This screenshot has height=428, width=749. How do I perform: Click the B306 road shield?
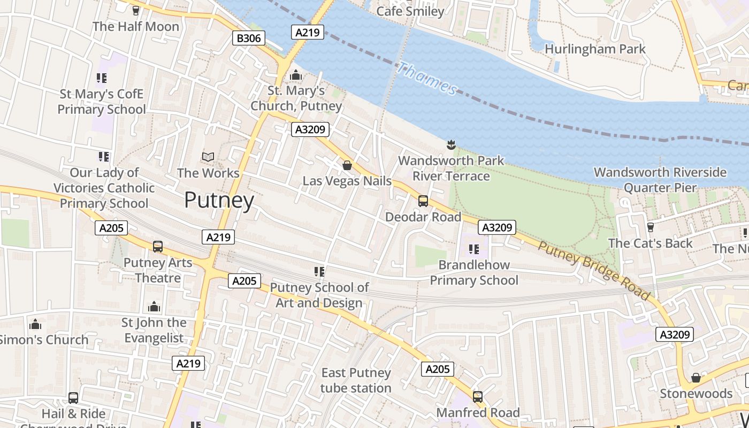coord(249,38)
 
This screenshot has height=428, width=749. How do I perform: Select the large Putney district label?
coord(219,200)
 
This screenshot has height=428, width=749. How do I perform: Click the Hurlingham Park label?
coord(595,49)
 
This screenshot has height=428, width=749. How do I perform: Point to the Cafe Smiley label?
coord(410,11)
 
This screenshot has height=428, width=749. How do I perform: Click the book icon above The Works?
coord(208,157)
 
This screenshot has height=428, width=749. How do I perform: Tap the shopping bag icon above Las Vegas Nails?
coord(347,165)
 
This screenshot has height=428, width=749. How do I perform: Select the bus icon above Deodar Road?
coord(423,201)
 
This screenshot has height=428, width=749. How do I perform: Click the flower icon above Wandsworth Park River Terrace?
coord(451,144)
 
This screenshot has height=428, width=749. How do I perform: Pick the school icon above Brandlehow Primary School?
coord(473,249)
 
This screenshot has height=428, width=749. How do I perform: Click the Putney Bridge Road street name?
coord(594,271)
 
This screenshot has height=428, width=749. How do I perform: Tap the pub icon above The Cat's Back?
coord(650,227)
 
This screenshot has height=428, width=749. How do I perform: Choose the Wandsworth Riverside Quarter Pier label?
coord(660,180)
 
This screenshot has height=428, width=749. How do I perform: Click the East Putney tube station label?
coord(356,380)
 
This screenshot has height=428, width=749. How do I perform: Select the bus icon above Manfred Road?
coord(477,397)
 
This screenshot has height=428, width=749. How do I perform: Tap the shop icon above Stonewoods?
coord(695,378)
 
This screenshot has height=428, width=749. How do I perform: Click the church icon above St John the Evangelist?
coord(154,307)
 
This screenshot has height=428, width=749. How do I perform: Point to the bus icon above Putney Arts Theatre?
coord(157,247)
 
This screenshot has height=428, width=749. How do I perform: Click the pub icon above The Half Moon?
coord(136,10)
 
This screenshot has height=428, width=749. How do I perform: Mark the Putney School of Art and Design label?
coord(319,295)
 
